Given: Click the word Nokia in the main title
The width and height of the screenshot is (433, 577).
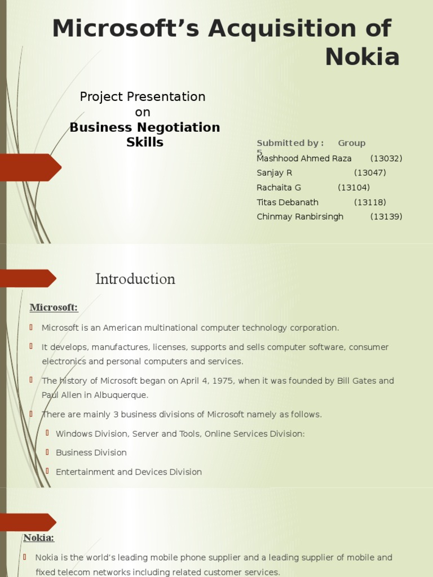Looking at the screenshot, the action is (x=363, y=57).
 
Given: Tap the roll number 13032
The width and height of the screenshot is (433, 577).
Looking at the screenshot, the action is (x=386, y=158).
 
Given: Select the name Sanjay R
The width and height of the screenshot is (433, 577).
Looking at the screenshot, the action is (x=275, y=173).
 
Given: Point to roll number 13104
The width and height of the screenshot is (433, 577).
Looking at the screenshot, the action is (x=354, y=188).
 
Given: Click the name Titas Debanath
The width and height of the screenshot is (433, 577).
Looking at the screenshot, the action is (x=288, y=202).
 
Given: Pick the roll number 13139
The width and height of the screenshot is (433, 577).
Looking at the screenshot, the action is (x=386, y=217).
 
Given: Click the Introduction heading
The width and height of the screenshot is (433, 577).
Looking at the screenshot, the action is (x=135, y=279).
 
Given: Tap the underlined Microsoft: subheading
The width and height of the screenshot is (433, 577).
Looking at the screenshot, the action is (x=54, y=307).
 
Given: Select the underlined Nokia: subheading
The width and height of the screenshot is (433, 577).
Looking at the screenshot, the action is (x=39, y=538).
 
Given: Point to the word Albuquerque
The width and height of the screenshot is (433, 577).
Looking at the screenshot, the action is (x=121, y=395).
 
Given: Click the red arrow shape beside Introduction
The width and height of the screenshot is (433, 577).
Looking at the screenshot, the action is (x=28, y=278).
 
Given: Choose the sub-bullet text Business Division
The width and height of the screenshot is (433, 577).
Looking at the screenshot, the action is (x=91, y=452).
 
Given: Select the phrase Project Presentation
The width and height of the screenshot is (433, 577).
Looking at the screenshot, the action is (x=143, y=97).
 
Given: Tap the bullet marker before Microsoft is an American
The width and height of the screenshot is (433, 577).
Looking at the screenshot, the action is (x=31, y=327).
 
